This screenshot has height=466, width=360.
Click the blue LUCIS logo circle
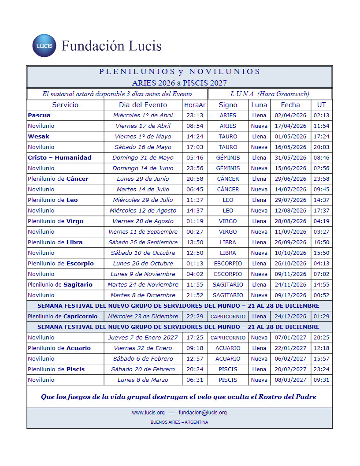click(44, 45)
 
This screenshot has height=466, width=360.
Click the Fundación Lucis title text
click(111, 46)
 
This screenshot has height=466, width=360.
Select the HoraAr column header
click(195, 105)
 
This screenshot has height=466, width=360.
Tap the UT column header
click(321, 105)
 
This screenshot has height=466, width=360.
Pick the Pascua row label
click(39, 116)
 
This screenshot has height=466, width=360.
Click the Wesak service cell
click(39, 137)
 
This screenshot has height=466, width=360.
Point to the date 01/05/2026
click(290, 137)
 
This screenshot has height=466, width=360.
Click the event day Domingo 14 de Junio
click(143, 168)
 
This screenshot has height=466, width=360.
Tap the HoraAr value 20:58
click(195, 179)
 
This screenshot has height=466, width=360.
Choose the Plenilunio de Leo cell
click(53, 200)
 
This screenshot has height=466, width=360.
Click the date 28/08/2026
click(290, 221)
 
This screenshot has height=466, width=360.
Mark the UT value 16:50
click(321, 242)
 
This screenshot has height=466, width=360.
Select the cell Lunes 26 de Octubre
click(143, 264)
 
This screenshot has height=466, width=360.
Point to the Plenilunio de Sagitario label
click(60, 285)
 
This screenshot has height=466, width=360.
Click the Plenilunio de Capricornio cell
click(63, 317)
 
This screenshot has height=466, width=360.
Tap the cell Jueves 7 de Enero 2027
click(143, 338)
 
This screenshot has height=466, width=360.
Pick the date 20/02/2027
click(290, 369)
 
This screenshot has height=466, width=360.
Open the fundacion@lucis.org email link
click(202, 413)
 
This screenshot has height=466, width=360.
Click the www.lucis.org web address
click(148, 413)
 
